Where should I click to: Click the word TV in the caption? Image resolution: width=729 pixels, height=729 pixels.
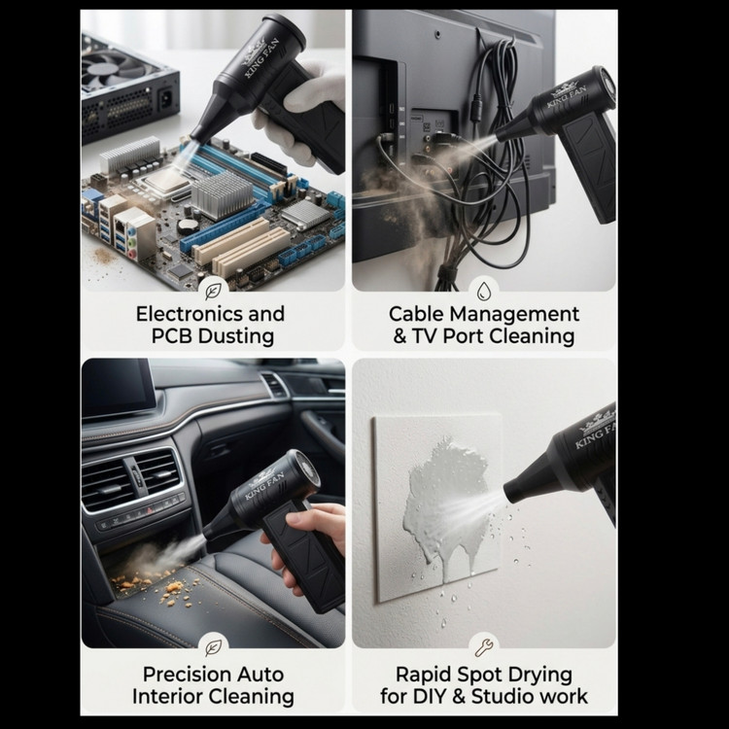click(425, 336)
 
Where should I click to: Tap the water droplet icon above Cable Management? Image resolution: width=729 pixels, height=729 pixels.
click(484, 291)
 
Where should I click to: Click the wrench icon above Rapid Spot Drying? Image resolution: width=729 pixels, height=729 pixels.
click(483, 647)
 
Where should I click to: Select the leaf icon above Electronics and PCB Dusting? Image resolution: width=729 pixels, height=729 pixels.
click(213, 292)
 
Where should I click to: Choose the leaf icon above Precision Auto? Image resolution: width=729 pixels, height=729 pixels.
click(213, 647)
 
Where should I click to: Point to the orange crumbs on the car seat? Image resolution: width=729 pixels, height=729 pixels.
click(158, 587)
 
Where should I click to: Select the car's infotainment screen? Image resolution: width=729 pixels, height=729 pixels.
click(118, 387)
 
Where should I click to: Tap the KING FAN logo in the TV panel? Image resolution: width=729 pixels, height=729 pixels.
click(566, 94)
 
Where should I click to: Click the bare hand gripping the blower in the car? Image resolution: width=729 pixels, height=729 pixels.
click(307, 544)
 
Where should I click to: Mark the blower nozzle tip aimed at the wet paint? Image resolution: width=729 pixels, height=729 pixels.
click(509, 493)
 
